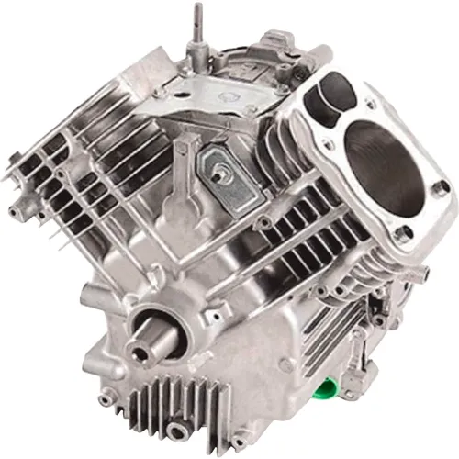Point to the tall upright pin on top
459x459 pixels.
point(196,28)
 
